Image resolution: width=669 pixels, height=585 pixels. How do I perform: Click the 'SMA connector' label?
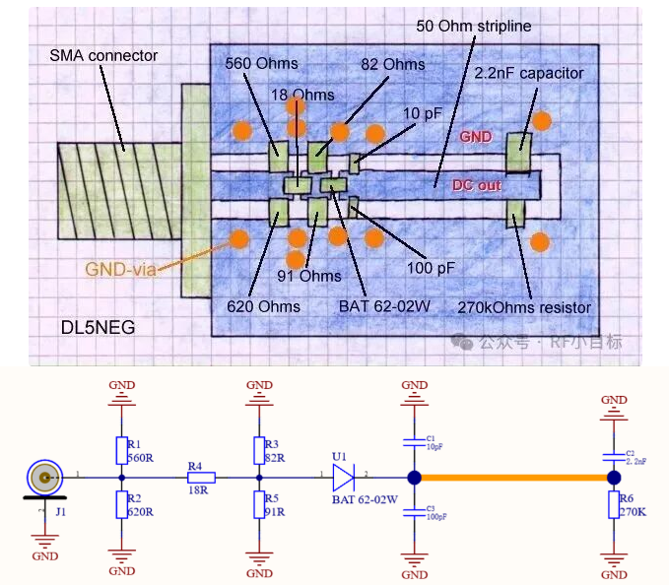pos(103,55)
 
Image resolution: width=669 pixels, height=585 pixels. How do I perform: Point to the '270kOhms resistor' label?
pos(525,307)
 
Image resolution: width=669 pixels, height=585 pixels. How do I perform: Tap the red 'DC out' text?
pos(477,184)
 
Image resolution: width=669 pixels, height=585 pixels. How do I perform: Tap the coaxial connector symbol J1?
pos(45,480)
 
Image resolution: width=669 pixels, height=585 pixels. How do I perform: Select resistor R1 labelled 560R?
pos(121,450)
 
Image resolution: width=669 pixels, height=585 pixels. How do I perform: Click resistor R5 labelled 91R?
pos(259,505)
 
